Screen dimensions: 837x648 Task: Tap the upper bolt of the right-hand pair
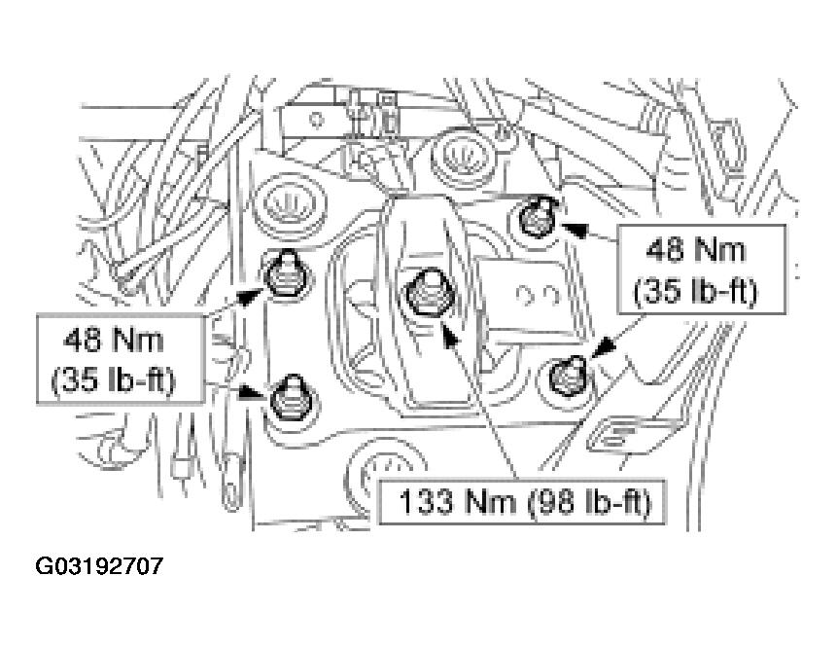point(537,217)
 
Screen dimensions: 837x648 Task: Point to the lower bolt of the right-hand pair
point(569,376)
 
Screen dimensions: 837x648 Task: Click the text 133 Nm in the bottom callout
point(458,502)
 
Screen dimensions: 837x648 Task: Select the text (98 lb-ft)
point(589,503)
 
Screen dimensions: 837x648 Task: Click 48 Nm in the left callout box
point(113,341)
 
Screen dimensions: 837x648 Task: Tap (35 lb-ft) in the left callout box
point(113,380)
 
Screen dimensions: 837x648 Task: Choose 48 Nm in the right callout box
point(695,250)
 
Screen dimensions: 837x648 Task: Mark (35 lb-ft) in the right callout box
point(695,292)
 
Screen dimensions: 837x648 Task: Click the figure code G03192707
point(99,565)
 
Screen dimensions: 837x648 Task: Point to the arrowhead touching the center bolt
point(450,336)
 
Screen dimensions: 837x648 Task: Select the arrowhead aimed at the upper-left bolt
point(250,297)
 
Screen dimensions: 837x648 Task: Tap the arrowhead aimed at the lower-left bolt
point(251,393)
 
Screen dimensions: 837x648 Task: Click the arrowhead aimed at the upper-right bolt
point(575,230)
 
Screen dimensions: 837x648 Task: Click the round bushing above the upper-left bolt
point(289,204)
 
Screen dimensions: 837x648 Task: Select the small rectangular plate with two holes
point(536,297)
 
